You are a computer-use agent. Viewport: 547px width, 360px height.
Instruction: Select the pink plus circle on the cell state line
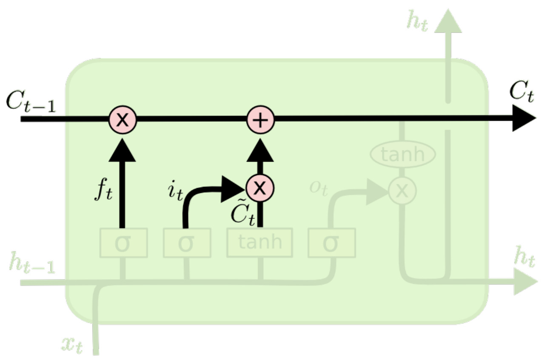[x=261, y=120]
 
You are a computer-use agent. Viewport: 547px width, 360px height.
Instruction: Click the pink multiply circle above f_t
[x=123, y=119]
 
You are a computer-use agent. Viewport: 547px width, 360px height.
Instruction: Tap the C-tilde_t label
[x=243, y=215]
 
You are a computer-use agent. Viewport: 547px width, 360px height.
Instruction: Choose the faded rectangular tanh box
[x=259, y=243]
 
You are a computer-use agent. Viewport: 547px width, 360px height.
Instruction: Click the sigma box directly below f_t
[x=123, y=243]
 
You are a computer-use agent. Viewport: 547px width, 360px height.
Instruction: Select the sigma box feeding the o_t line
[x=331, y=243]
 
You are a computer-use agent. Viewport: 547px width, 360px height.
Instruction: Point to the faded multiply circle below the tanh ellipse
[x=402, y=191]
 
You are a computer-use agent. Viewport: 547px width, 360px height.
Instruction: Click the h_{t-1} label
[x=32, y=264]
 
